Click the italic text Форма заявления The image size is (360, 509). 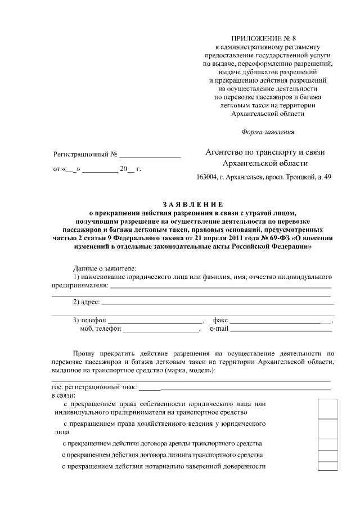point(267,132)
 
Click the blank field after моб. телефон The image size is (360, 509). point(157,330)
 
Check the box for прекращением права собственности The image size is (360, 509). point(327,409)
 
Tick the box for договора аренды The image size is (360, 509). point(327,444)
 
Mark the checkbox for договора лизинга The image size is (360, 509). point(327,456)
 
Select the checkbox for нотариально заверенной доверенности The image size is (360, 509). point(327,466)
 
